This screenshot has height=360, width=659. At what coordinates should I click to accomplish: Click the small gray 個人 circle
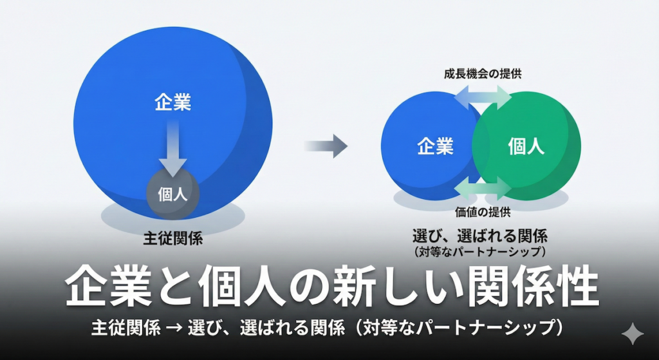point(172,193)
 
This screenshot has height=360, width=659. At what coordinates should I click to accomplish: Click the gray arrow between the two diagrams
point(326,145)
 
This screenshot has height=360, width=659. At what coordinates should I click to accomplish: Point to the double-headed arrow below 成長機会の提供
point(483,99)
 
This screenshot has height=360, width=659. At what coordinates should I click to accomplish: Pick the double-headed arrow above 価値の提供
point(483,187)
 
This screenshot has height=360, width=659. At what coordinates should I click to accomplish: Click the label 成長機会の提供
point(483,74)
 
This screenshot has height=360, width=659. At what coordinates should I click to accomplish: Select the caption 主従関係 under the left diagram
point(172,240)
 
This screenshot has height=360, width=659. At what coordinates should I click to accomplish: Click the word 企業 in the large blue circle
point(172,102)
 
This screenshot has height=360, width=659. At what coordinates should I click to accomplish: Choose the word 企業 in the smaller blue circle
point(435,146)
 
